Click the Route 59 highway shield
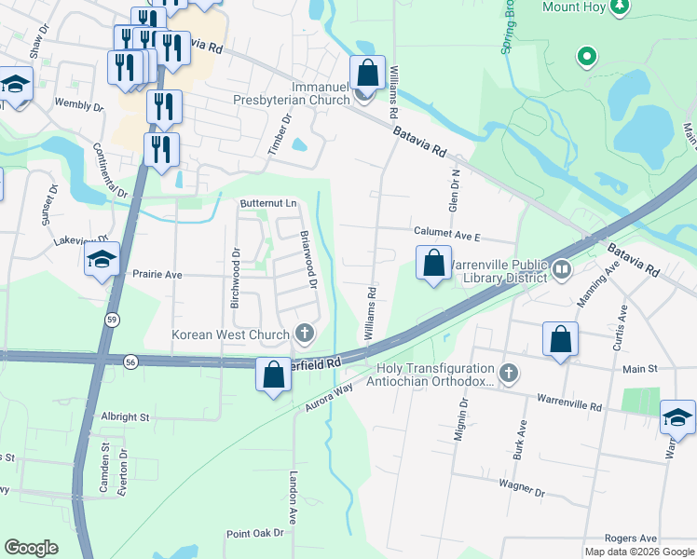111,319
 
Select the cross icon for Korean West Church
304,333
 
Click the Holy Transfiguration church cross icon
508,374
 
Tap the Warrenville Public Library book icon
561,270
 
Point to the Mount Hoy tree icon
619,7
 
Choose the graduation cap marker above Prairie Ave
102,260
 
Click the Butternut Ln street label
267,203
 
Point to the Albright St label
125,417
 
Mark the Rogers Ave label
631,539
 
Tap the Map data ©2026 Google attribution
638,552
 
